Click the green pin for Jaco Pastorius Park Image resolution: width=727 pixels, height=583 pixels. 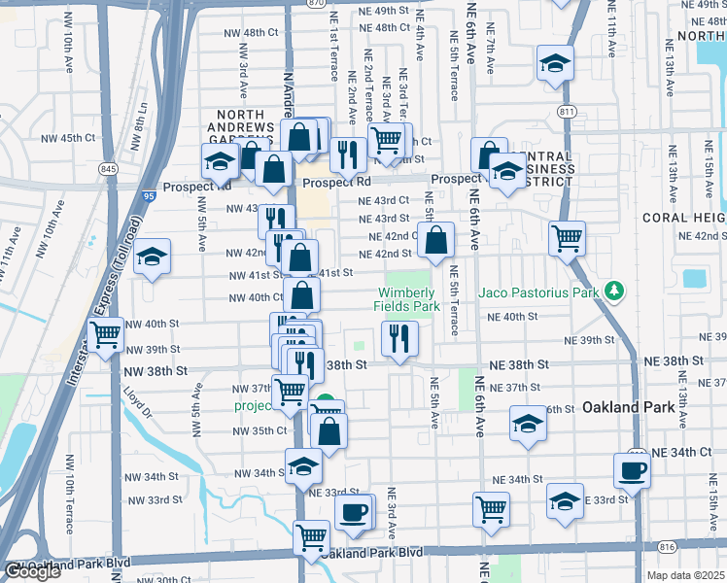pos(613,291)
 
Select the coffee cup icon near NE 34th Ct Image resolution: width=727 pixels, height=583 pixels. pos(631,471)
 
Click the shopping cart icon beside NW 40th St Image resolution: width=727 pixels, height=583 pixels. pos(105,335)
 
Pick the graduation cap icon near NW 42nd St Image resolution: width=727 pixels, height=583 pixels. pos(152,257)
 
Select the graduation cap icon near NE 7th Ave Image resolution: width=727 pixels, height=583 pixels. pos(554,64)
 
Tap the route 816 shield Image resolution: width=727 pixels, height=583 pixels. pos(665,548)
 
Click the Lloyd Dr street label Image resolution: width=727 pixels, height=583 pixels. pos(138,402)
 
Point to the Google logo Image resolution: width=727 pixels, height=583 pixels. pos(32,571)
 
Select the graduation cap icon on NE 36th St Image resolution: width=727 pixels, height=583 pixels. pos(528,424)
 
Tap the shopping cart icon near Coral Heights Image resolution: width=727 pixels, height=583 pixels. pos(566,237)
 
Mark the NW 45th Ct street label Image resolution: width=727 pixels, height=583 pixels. pos(68,138)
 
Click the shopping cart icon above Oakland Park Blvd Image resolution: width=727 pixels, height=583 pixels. pos(312,535)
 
